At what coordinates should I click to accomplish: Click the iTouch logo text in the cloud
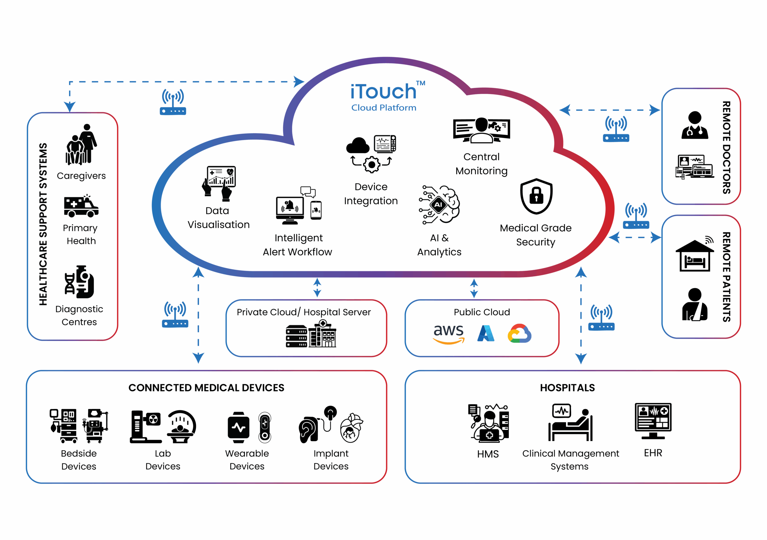(383, 91)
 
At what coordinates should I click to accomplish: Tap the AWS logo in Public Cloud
(448, 333)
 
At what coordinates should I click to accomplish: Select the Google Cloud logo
(519, 333)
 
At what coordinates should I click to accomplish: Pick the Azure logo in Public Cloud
(485, 333)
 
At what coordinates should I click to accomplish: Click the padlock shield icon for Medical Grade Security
(536, 196)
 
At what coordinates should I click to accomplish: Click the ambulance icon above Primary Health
(81, 206)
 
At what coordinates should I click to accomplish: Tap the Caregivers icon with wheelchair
(81, 145)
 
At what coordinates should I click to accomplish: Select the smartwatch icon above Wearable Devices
(238, 427)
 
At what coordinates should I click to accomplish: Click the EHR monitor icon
(653, 421)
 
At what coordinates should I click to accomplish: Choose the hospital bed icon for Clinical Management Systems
(570, 423)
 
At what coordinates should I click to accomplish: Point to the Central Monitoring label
(481, 164)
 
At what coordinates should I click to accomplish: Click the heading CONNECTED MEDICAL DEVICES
(206, 388)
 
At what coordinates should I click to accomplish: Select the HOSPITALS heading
(567, 388)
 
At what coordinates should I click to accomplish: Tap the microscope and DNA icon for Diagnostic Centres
(79, 282)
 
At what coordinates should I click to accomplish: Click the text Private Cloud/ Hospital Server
(304, 312)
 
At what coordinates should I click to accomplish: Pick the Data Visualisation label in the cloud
(218, 218)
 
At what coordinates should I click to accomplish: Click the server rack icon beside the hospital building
(296, 336)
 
